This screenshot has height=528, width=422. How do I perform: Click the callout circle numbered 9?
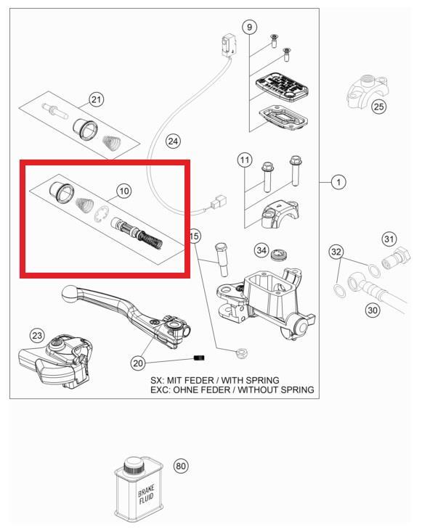coord(250,28)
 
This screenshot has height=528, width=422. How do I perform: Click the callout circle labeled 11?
coord(245,160)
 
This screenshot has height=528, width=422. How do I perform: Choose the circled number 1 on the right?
coord(338,182)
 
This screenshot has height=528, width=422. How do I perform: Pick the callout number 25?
coord(378,107)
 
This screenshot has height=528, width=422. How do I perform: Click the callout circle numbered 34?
coord(261,250)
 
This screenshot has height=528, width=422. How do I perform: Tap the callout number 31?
coord(389,239)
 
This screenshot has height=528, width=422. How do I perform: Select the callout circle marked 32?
coord(336,252)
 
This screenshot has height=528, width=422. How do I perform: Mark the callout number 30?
coord(372,310)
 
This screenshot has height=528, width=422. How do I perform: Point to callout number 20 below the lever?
coord(139,363)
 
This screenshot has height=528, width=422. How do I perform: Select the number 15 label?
coord(194,236)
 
